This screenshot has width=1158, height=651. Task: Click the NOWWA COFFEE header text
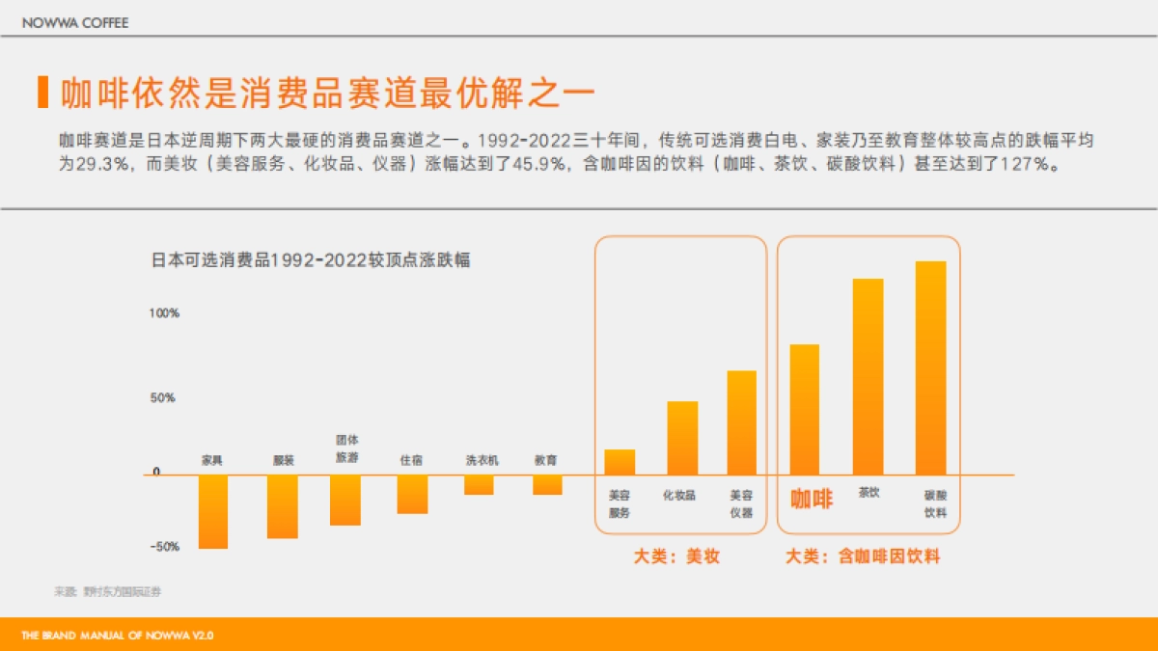tap(75, 22)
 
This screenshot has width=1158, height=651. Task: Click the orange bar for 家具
tap(212, 511)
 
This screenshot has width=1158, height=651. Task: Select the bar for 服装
tap(283, 506)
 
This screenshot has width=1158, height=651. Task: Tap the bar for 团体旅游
tap(345, 500)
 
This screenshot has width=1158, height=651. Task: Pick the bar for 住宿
tap(412, 494)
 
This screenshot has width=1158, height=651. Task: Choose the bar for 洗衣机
tap(479, 484)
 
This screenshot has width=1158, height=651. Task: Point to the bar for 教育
tap(547, 484)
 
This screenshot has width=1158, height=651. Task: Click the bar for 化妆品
tap(682, 438)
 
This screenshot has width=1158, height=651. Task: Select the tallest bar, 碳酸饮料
tap(931, 367)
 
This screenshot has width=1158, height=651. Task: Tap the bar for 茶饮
tap(868, 376)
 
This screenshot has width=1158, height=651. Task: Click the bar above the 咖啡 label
tap(804, 409)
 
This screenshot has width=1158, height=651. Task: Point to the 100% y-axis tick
tap(163, 313)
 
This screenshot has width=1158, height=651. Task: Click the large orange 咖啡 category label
tap(812, 499)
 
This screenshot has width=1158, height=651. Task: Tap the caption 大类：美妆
tap(676, 556)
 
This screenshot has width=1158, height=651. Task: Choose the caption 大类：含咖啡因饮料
tap(863, 556)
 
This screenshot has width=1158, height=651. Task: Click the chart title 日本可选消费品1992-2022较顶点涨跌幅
tap(311, 259)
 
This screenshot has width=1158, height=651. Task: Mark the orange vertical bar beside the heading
tap(42, 92)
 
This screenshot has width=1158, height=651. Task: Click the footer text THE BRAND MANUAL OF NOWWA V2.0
tap(117, 636)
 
